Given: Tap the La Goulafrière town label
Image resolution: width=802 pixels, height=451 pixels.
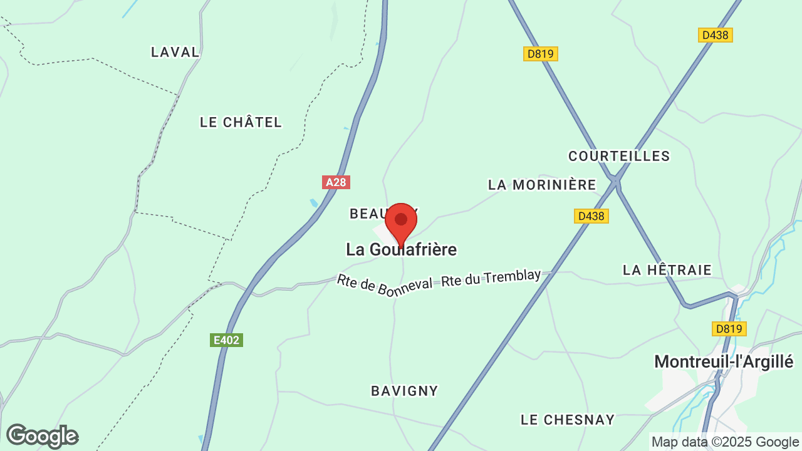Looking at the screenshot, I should tap(401, 249).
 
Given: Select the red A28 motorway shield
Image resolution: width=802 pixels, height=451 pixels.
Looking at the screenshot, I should tap(336, 182).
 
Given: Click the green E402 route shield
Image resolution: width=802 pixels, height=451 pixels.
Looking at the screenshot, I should tap(226, 340).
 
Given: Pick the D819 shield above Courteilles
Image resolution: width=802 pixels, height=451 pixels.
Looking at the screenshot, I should tap(540, 54).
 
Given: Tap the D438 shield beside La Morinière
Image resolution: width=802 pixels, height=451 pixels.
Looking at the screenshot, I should tap(591, 216).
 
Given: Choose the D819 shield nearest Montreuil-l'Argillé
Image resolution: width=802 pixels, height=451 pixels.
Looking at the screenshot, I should tap(729, 328).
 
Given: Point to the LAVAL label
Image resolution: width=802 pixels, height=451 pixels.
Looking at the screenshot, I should tap(175, 52).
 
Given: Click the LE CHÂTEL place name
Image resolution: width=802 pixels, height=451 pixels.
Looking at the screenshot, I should tap(241, 122).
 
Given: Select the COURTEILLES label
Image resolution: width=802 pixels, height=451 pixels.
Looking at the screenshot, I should tap(619, 156).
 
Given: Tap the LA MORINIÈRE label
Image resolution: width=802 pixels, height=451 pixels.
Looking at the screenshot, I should tap(542, 185).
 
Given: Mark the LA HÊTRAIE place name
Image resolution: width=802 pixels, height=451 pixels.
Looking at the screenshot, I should tap(667, 270).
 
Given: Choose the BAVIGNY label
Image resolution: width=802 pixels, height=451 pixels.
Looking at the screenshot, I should tap(405, 391).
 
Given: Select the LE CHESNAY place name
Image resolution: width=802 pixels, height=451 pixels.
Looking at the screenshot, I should tap(568, 419).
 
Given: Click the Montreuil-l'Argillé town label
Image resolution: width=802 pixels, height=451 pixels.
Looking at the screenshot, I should tap(724, 361).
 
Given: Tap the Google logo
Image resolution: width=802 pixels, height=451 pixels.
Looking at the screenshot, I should tap(42, 436).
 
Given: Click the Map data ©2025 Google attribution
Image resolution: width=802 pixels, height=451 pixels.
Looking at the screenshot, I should tap(725, 442).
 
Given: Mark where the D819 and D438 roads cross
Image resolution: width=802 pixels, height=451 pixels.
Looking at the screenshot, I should tap(615, 180).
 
